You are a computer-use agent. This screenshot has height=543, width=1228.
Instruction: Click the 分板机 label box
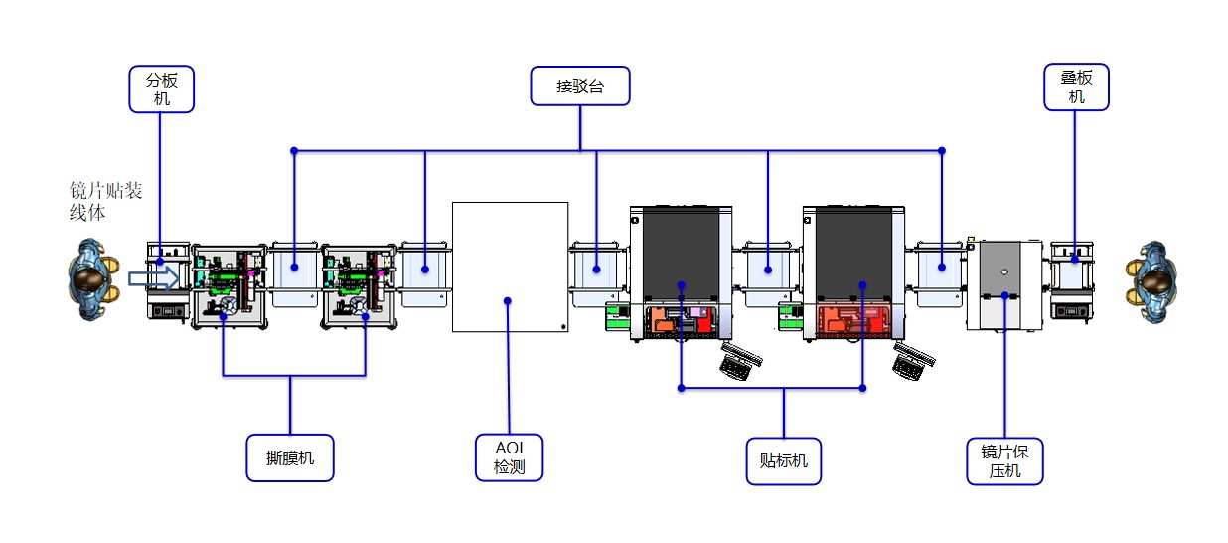162,89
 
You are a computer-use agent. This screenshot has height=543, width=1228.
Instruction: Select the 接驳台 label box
580,87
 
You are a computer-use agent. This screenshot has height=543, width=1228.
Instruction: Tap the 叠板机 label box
1076,88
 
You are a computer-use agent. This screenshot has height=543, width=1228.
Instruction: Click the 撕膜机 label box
290,458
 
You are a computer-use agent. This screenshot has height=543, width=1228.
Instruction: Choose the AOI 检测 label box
509,458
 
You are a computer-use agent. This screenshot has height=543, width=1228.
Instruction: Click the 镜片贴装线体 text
98,201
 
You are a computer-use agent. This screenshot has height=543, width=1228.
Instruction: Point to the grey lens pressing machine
1005,284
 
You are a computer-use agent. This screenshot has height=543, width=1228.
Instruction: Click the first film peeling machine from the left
229,284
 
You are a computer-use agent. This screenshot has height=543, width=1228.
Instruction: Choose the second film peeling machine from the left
358,284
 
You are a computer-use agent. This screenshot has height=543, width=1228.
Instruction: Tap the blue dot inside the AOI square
508,299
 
